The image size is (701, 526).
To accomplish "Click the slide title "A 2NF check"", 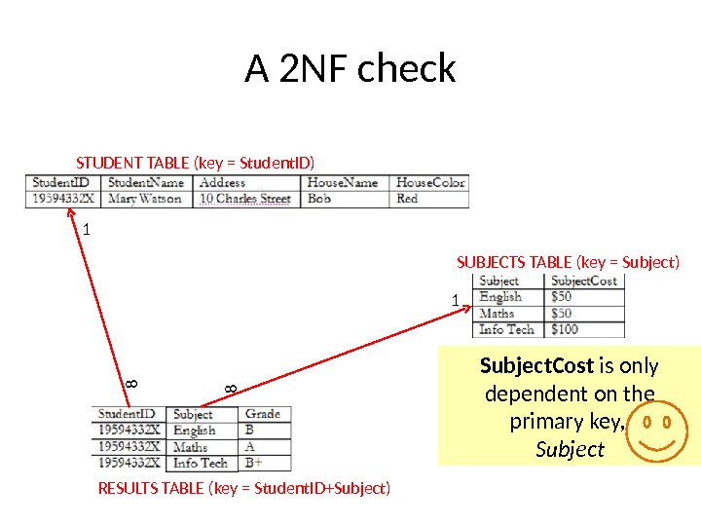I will coord(350,69).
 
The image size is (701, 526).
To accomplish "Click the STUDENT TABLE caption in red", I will coord(196,162).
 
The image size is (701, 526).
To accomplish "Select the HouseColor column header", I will coord(430,182).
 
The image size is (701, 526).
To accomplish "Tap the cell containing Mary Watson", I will coord(145,199).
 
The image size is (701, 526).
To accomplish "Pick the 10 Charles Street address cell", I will coord(245,199).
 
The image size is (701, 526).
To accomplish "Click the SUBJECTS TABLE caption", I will coord(568,262).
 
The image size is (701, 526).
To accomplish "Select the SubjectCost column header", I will coord(584,281).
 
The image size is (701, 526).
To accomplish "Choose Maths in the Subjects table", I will coord(497,314).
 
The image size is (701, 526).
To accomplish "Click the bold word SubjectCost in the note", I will coord(536,366).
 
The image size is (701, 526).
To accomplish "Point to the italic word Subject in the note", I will coord(570,450).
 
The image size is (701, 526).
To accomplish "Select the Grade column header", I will coord(263,414).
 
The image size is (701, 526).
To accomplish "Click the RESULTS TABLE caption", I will coord(244,487).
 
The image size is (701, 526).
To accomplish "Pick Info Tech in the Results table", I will coord(201,463).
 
